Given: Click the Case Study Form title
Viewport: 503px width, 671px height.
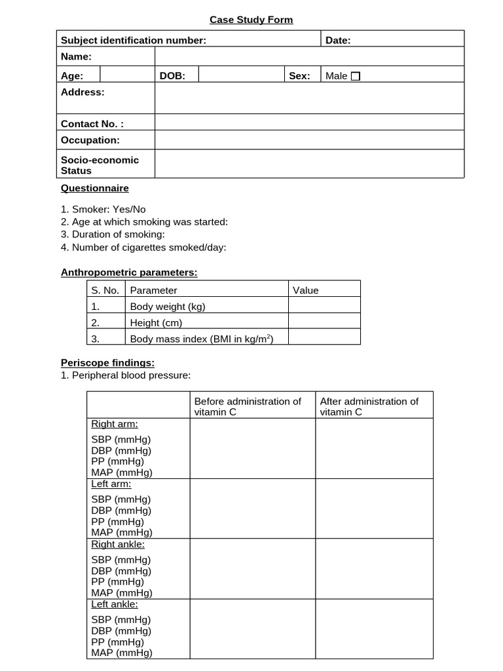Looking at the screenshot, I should pyautogui.click(x=251, y=20).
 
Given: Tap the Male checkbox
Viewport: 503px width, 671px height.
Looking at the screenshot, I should pyautogui.click(x=356, y=76).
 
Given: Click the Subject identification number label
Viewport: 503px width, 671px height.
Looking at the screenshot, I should pyautogui.click(x=133, y=40).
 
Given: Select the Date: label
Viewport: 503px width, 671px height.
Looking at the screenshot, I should pyautogui.click(x=338, y=40).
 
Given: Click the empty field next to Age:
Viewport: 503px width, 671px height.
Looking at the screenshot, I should pyautogui.click(x=127, y=75).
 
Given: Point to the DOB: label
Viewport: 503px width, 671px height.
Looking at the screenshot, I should pyautogui.click(x=172, y=76).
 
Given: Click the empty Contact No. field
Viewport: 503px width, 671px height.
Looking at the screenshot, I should pyautogui.click(x=309, y=124).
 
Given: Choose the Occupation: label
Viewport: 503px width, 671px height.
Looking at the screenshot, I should pyautogui.click(x=90, y=140).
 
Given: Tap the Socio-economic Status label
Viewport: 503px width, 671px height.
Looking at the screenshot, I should pyautogui.click(x=100, y=165).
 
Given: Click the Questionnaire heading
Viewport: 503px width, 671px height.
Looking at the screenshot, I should pyautogui.click(x=95, y=188).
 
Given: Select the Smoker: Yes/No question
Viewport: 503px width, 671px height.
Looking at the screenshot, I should pyautogui.click(x=103, y=210).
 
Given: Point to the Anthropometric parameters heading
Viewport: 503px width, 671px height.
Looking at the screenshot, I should pyautogui.click(x=129, y=272).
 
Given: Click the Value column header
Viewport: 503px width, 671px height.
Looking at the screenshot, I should pyautogui.click(x=305, y=290).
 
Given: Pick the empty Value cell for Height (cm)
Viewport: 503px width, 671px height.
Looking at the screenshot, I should pyautogui.click(x=324, y=322).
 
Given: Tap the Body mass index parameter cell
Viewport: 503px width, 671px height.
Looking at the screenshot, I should pyautogui.click(x=201, y=338).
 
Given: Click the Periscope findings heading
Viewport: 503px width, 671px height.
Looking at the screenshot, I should pyautogui.click(x=107, y=362).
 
